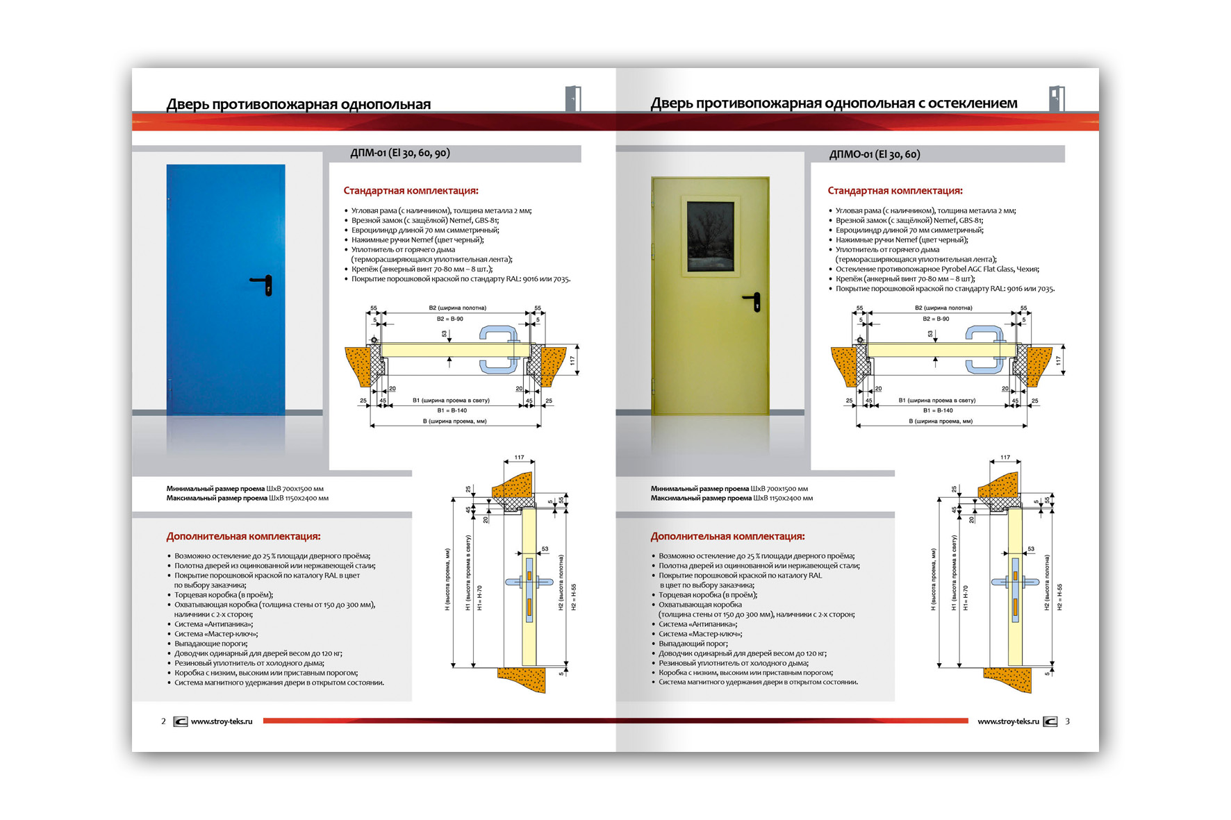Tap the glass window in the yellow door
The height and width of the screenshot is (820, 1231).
point(710,236)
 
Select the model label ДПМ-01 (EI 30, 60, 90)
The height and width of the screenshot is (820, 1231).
point(400,153)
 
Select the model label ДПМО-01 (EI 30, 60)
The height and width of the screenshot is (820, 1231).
point(875,154)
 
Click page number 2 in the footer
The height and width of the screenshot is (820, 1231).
point(163,721)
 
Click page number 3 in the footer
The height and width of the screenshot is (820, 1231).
point(1068,721)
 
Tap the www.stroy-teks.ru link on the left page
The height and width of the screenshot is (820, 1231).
point(222,721)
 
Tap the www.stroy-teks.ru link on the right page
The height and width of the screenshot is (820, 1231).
point(1008,721)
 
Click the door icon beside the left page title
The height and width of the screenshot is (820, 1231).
point(573,99)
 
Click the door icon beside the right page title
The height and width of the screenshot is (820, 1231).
point(1057,99)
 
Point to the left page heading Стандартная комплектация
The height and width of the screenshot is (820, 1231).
point(411,191)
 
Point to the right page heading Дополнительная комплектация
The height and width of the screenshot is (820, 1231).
point(727,537)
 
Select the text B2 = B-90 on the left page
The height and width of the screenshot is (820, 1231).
point(450,319)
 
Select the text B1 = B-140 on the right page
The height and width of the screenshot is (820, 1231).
point(938,410)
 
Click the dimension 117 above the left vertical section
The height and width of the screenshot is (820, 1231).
point(519,458)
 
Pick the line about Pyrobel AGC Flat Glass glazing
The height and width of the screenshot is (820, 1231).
point(937,269)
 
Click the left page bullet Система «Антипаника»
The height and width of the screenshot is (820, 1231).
point(213,624)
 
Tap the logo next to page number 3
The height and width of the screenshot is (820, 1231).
point(1050,721)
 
